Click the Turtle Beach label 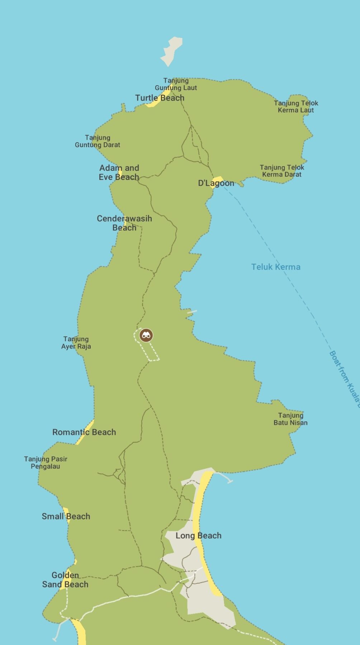pyautogui.click(x=160, y=98)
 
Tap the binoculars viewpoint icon pyautogui.click(x=146, y=335)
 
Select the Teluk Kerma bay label pyautogui.click(x=275, y=267)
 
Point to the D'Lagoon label pyautogui.click(x=216, y=183)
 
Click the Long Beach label pyautogui.click(x=198, y=536)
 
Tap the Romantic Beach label pyautogui.click(x=84, y=432)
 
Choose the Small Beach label pyautogui.click(x=66, y=516)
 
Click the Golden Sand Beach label pyautogui.click(x=65, y=580)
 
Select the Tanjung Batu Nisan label pyautogui.click(x=290, y=419)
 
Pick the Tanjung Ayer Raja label pyautogui.click(x=76, y=343)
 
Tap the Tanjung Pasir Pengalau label pyautogui.click(x=46, y=463)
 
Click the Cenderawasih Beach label pyautogui.click(x=124, y=223)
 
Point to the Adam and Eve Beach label pyautogui.click(x=119, y=172)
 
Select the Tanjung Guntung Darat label pyautogui.click(x=98, y=141)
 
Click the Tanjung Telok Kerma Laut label pyautogui.click(x=296, y=107)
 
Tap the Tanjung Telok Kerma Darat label pyautogui.click(x=282, y=171)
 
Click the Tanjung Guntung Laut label pyautogui.click(x=176, y=84)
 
